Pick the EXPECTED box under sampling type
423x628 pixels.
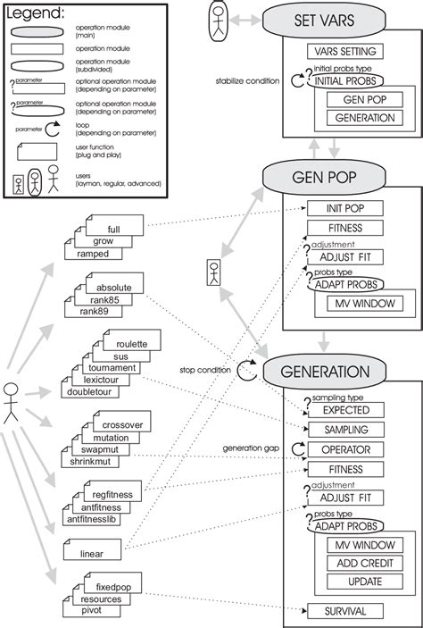click(345, 410)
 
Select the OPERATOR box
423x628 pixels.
click(345, 450)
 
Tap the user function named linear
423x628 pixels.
click(93, 554)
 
